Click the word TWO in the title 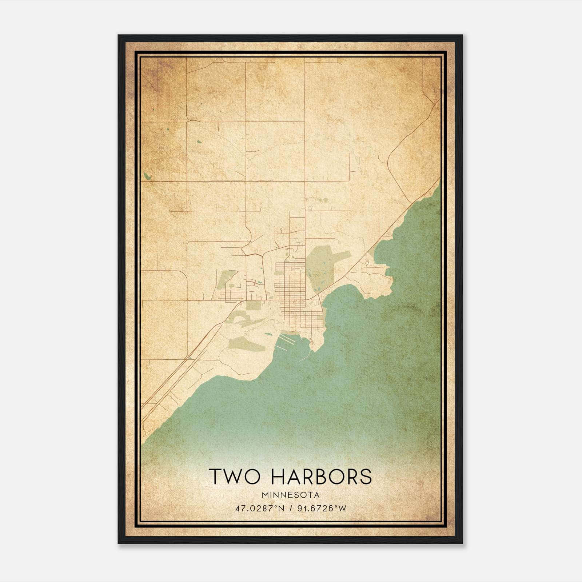[x=231, y=477]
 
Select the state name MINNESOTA [x=290, y=495]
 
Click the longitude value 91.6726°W [x=322, y=508]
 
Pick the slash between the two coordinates [x=289, y=508]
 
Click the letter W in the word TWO [x=232, y=477]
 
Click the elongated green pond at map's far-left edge [x=147, y=176]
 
